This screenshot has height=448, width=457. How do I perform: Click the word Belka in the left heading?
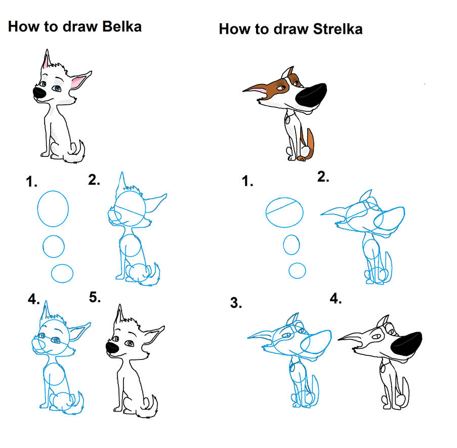(122, 26)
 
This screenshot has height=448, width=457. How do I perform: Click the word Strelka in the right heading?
(338, 29)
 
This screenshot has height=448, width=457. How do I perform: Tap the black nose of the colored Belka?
(39, 93)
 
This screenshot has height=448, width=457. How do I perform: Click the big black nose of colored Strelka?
(311, 95)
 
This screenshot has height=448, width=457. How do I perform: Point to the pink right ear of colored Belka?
(79, 80)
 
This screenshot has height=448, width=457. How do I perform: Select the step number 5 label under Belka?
(95, 297)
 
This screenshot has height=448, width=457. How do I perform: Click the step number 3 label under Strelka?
(236, 303)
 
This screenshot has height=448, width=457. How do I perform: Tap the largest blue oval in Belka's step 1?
(53, 209)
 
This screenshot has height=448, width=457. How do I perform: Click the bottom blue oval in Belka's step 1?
(62, 273)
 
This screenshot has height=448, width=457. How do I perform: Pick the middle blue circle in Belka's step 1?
(54, 247)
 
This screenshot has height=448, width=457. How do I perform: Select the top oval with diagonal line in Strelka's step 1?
(284, 212)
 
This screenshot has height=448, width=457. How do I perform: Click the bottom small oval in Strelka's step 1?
(297, 270)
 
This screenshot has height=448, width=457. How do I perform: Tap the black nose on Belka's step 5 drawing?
(112, 347)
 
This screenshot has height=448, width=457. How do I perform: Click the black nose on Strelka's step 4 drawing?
(406, 344)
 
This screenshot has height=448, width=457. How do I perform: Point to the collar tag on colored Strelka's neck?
(288, 120)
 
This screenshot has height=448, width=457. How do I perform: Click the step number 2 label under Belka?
(94, 180)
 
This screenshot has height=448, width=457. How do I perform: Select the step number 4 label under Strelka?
(336, 299)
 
